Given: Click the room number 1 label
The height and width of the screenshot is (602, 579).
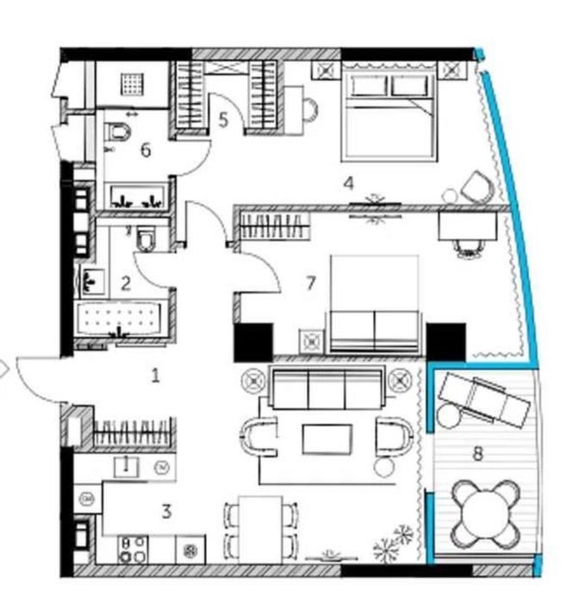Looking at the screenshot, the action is pyautogui.click(x=155, y=375).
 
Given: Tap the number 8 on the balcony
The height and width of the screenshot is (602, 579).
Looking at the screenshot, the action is pyautogui.click(x=477, y=454).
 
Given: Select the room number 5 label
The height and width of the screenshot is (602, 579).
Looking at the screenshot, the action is pyautogui.click(x=223, y=120).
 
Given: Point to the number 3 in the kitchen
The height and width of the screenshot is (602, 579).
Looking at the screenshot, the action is pyautogui.click(x=166, y=512).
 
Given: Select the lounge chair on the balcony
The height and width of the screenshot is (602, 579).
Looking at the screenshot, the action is pyautogui.click(x=485, y=400).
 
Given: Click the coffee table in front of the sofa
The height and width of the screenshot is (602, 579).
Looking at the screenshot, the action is pyautogui.click(x=327, y=439).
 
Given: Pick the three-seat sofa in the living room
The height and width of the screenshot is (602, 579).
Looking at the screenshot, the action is pyautogui.click(x=327, y=388).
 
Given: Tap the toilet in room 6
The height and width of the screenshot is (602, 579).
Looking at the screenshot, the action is pyautogui.click(x=118, y=131).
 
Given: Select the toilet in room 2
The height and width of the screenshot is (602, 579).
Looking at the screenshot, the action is pyautogui.click(x=146, y=239).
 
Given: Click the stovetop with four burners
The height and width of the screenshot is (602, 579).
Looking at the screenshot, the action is pyautogui.click(x=133, y=549).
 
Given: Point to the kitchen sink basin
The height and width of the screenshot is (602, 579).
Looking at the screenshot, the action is pyautogui.click(x=126, y=467).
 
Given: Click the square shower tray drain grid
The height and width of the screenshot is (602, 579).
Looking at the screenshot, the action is pyautogui.click(x=133, y=84).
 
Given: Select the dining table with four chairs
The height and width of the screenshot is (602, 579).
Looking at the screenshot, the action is pyautogui.click(x=261, y=530).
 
